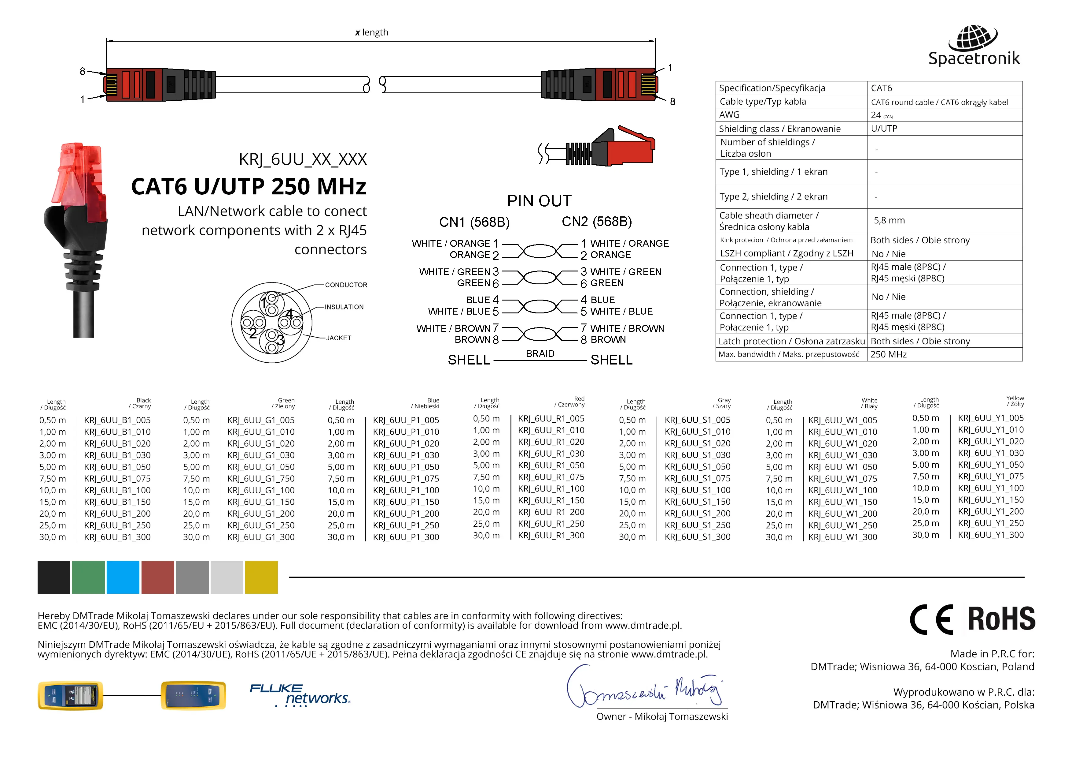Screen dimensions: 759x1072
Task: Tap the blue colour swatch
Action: coord(123,577)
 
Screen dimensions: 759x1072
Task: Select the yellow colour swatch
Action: coord(261,577)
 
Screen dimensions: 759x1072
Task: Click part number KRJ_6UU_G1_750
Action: coord(260,479)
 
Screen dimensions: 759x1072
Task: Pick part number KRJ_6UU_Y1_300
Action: coord(990,535)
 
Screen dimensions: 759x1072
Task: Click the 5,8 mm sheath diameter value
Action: coord(889,220)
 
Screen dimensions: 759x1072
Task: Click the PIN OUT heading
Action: coord(539,201)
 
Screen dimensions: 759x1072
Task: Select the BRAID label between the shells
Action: coord(540,354)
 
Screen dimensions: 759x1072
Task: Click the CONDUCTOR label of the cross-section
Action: coord(346,285)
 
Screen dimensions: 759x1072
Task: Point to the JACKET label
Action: coord(338,338)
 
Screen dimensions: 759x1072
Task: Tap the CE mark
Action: coord(931,619)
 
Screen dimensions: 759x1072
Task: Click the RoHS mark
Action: coord(1001,619)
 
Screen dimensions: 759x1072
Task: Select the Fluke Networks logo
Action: coord(300,695)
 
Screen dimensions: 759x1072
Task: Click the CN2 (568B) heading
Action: coord(596,222)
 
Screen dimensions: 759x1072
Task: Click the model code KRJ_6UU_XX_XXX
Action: coord(303,159)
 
